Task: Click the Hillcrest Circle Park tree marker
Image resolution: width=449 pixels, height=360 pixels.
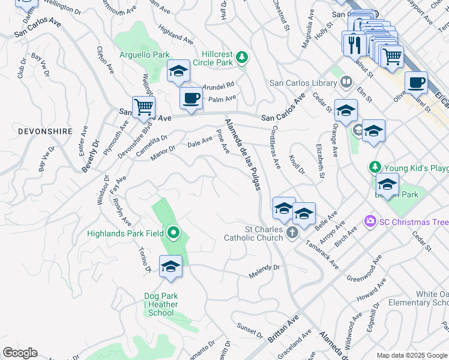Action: pyautogui.click(x=242, y=58)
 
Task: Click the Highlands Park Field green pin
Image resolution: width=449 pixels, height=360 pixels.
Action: pyautogui.click(x=174, y=233)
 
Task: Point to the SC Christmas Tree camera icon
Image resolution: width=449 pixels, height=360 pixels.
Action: pyautogui.click(x=369, y=222)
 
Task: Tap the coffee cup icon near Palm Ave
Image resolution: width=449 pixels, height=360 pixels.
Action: pyautogui.click(x=191, y=98)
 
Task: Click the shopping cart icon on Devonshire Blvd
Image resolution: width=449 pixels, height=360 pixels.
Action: pyautogui.click(x=144, y=107)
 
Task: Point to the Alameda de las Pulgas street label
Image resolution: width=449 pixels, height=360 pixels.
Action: pyautogui.click(x=243, y=154)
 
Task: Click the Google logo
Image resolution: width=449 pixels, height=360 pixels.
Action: pyautogui.click(x=20, y=353)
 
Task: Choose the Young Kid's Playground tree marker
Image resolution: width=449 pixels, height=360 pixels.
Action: pyautogui.click(x=375, y=167)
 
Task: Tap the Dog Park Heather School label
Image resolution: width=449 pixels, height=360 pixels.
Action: pyautogui.click(x=161, y=304)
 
